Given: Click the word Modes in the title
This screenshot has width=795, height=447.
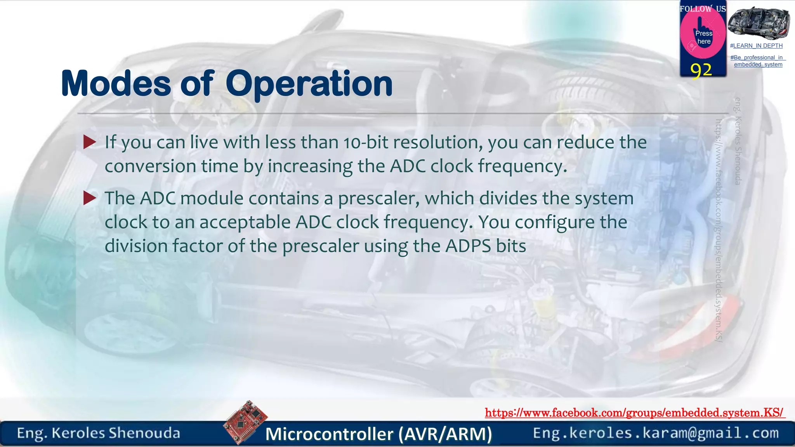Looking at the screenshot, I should point(116,84).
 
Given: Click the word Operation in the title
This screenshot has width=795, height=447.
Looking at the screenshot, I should point(309,84).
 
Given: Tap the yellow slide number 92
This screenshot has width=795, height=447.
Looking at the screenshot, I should point(701,70).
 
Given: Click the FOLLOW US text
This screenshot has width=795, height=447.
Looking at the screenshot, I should point(703,9).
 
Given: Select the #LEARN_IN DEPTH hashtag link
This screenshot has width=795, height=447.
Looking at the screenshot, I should point(756,46).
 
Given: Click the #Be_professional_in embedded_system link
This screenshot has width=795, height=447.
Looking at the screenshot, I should point(758,61).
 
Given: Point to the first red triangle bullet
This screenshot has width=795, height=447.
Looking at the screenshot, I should point(90,142).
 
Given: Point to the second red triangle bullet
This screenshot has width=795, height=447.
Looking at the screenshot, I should point(90,198).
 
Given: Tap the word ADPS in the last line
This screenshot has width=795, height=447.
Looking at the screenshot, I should point(468,246).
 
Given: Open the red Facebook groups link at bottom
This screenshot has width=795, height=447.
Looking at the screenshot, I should point(634,412).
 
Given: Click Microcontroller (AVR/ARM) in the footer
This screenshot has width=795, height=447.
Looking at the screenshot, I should point(378,434).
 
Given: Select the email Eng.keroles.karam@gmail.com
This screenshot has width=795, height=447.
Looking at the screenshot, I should point(656,433).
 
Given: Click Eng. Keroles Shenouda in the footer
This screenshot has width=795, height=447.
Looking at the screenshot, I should point(99,433).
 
